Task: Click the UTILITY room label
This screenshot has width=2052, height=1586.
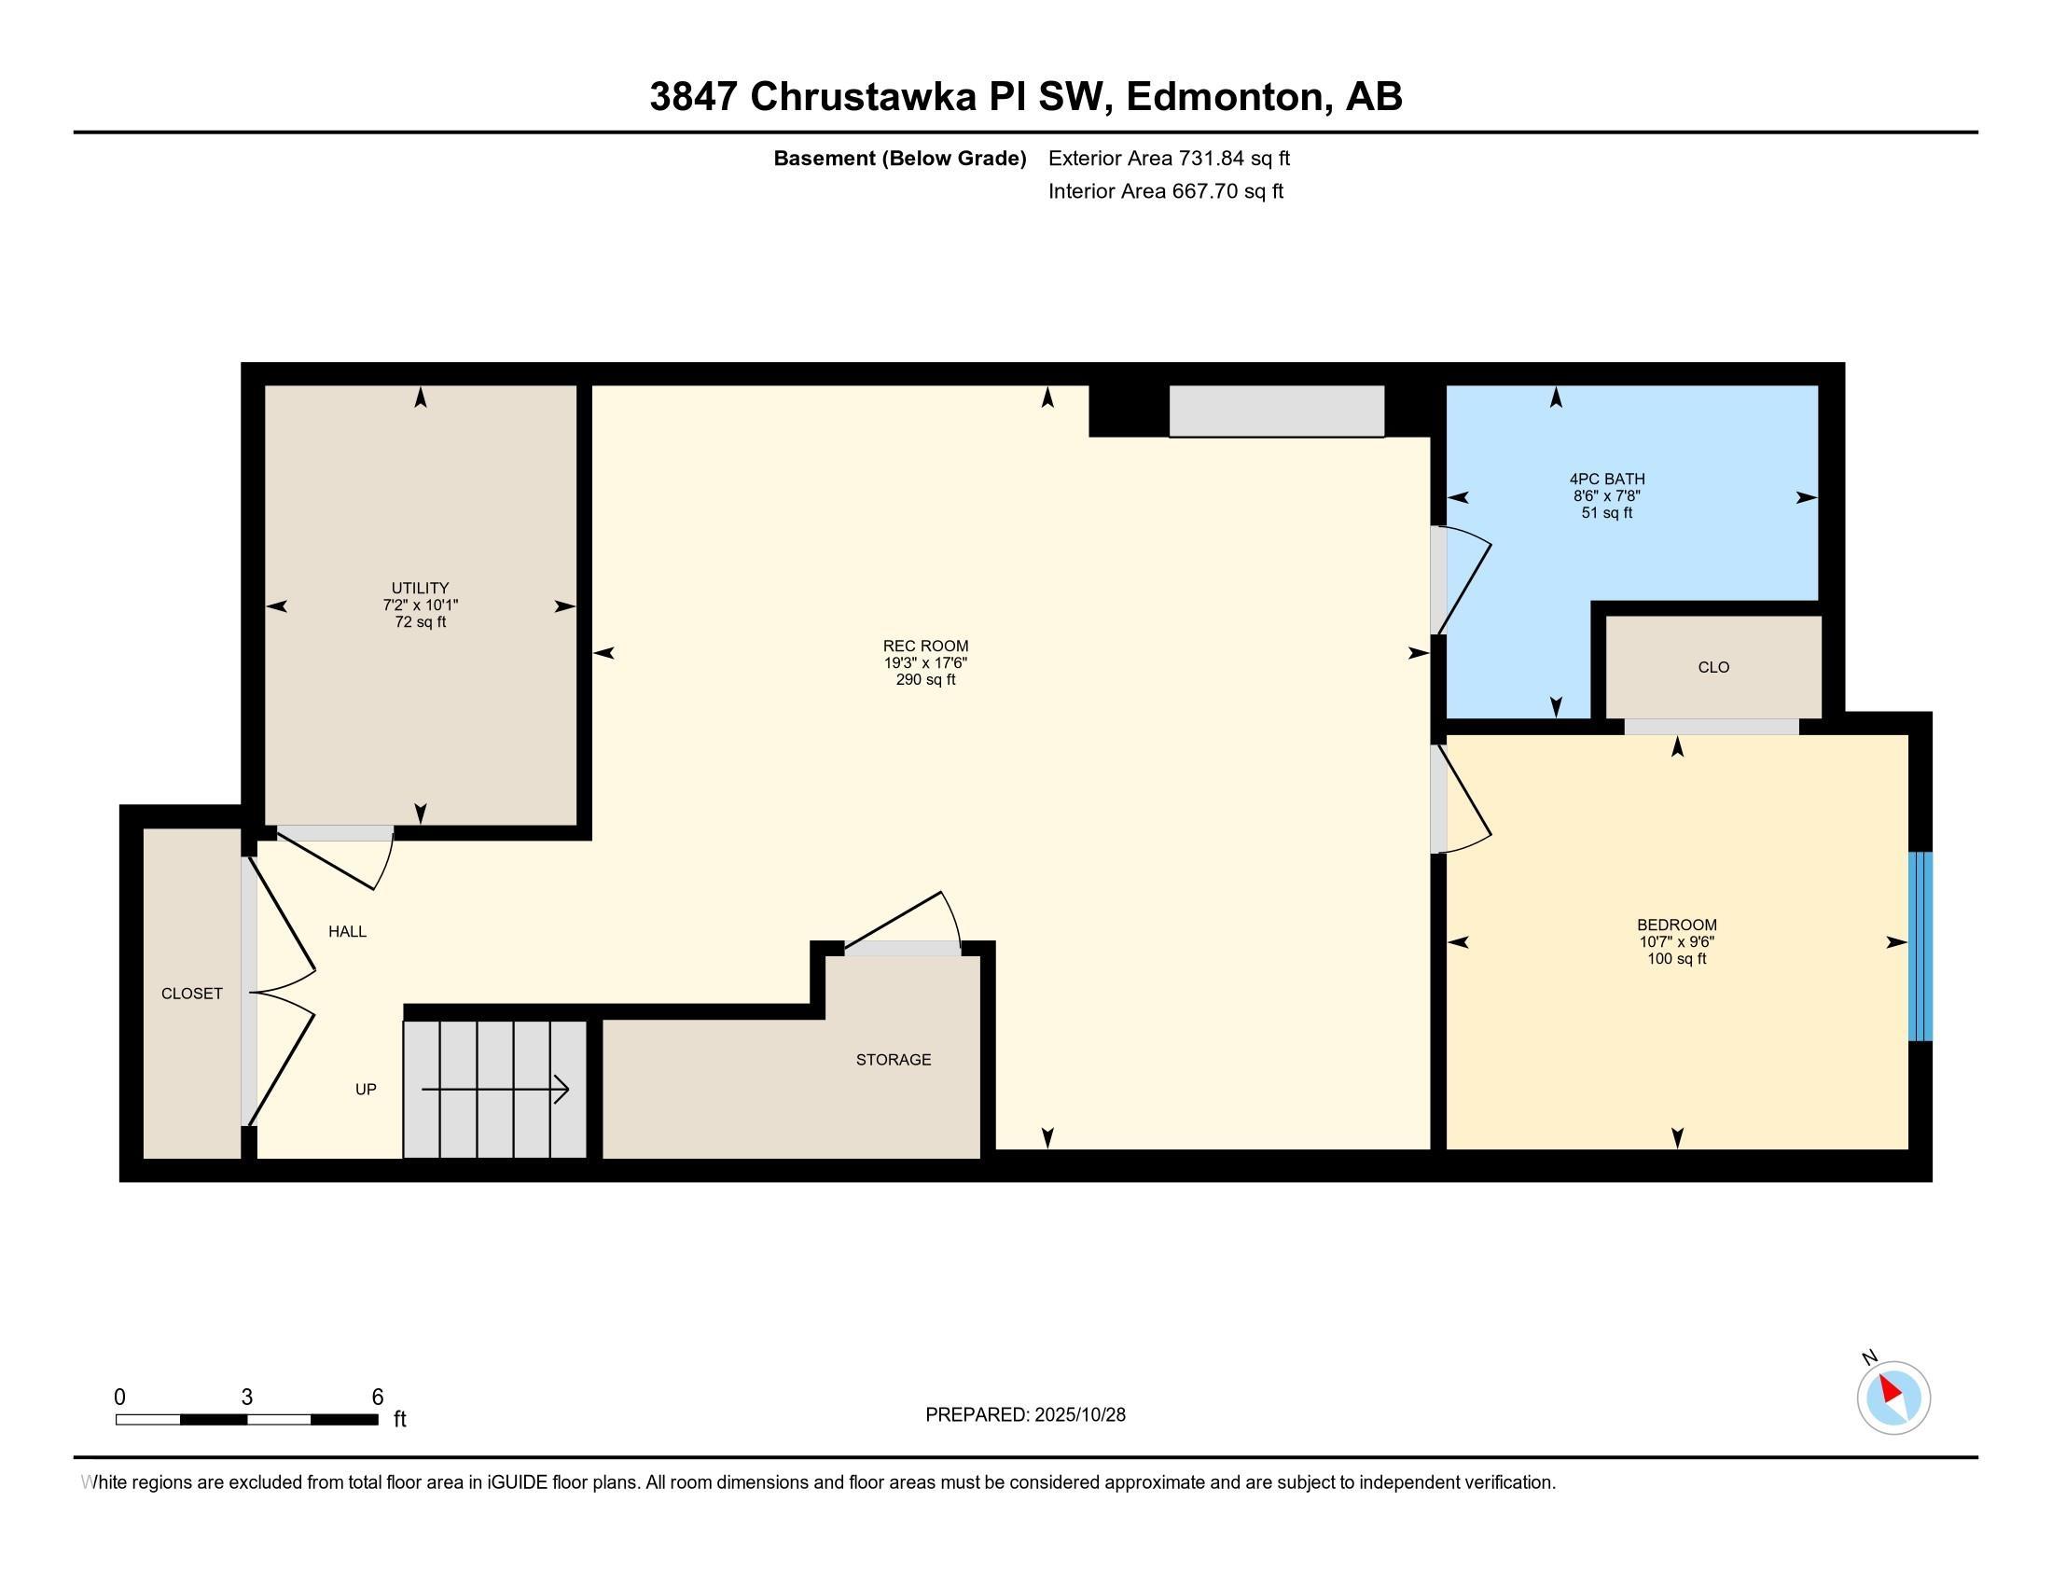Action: click(420, 588)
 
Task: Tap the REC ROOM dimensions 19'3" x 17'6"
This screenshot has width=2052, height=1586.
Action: click(924, 663)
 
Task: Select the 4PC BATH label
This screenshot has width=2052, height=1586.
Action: click(1607, 480)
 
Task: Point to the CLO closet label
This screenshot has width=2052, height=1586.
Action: click(1712, 667)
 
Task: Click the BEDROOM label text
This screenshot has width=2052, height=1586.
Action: click(1676, 925)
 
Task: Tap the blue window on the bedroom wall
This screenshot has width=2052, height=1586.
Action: click(1920, 945)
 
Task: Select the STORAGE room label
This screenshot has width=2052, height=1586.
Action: click(893, 1060)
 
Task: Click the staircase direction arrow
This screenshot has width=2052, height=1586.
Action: click(495, 1090)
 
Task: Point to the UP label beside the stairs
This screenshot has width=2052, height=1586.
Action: click(366, 1090)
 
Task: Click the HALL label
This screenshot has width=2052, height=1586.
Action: click(347, 932)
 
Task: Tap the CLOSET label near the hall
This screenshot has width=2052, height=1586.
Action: click(191, 995)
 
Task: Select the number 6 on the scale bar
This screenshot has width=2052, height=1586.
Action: click(378, 1398)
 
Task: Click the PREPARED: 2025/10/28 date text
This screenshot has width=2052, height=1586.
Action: click(1025, 1415)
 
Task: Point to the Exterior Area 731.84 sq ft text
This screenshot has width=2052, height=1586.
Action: click(1169, 159)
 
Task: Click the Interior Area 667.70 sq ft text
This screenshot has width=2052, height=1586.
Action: click(1165, 191)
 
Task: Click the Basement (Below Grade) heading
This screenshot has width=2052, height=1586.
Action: click(899, 159)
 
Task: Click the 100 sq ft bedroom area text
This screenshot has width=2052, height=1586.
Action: click(1676, 959)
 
